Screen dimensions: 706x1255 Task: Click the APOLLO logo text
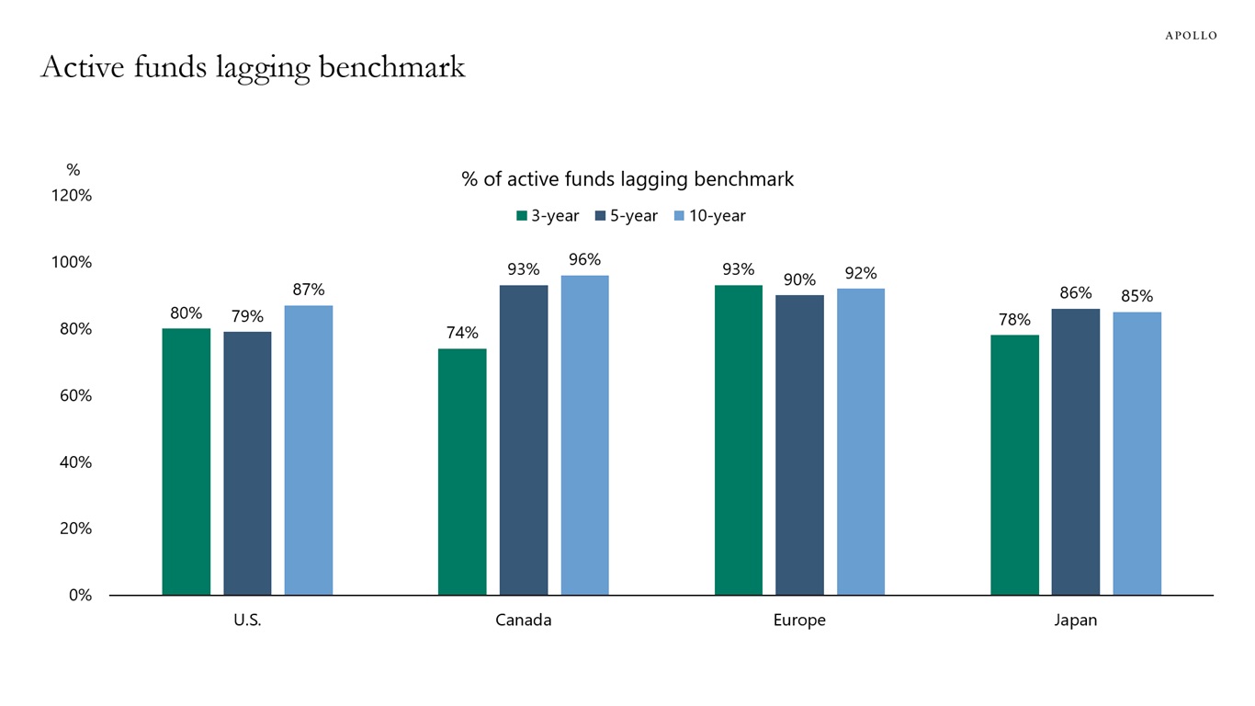(1191, 36)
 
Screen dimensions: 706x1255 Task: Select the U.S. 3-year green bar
(187, 461)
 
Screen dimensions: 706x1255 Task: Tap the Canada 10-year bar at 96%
(584, 435)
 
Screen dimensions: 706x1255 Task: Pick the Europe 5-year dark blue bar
(799, 445)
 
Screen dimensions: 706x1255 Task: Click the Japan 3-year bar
(1014, 464)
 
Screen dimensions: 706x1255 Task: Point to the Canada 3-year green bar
(462, 472)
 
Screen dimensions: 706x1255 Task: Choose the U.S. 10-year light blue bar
(309, 450)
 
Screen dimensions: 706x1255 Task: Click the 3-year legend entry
(548, 216)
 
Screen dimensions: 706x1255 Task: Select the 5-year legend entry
(627, 216)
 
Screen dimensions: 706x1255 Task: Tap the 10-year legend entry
(709, 216)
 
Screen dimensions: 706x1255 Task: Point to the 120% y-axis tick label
(72, 196)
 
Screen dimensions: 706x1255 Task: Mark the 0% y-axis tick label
(80, 595)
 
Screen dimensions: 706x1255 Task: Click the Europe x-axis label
(799, 621)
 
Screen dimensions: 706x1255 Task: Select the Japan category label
(1075, 621)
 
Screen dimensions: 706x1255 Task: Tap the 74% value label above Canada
(462, 333)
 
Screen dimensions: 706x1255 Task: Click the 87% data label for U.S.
(309, 290)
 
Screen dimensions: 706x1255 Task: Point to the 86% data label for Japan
(1076, 293)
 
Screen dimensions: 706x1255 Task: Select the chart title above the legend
(627, 179)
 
